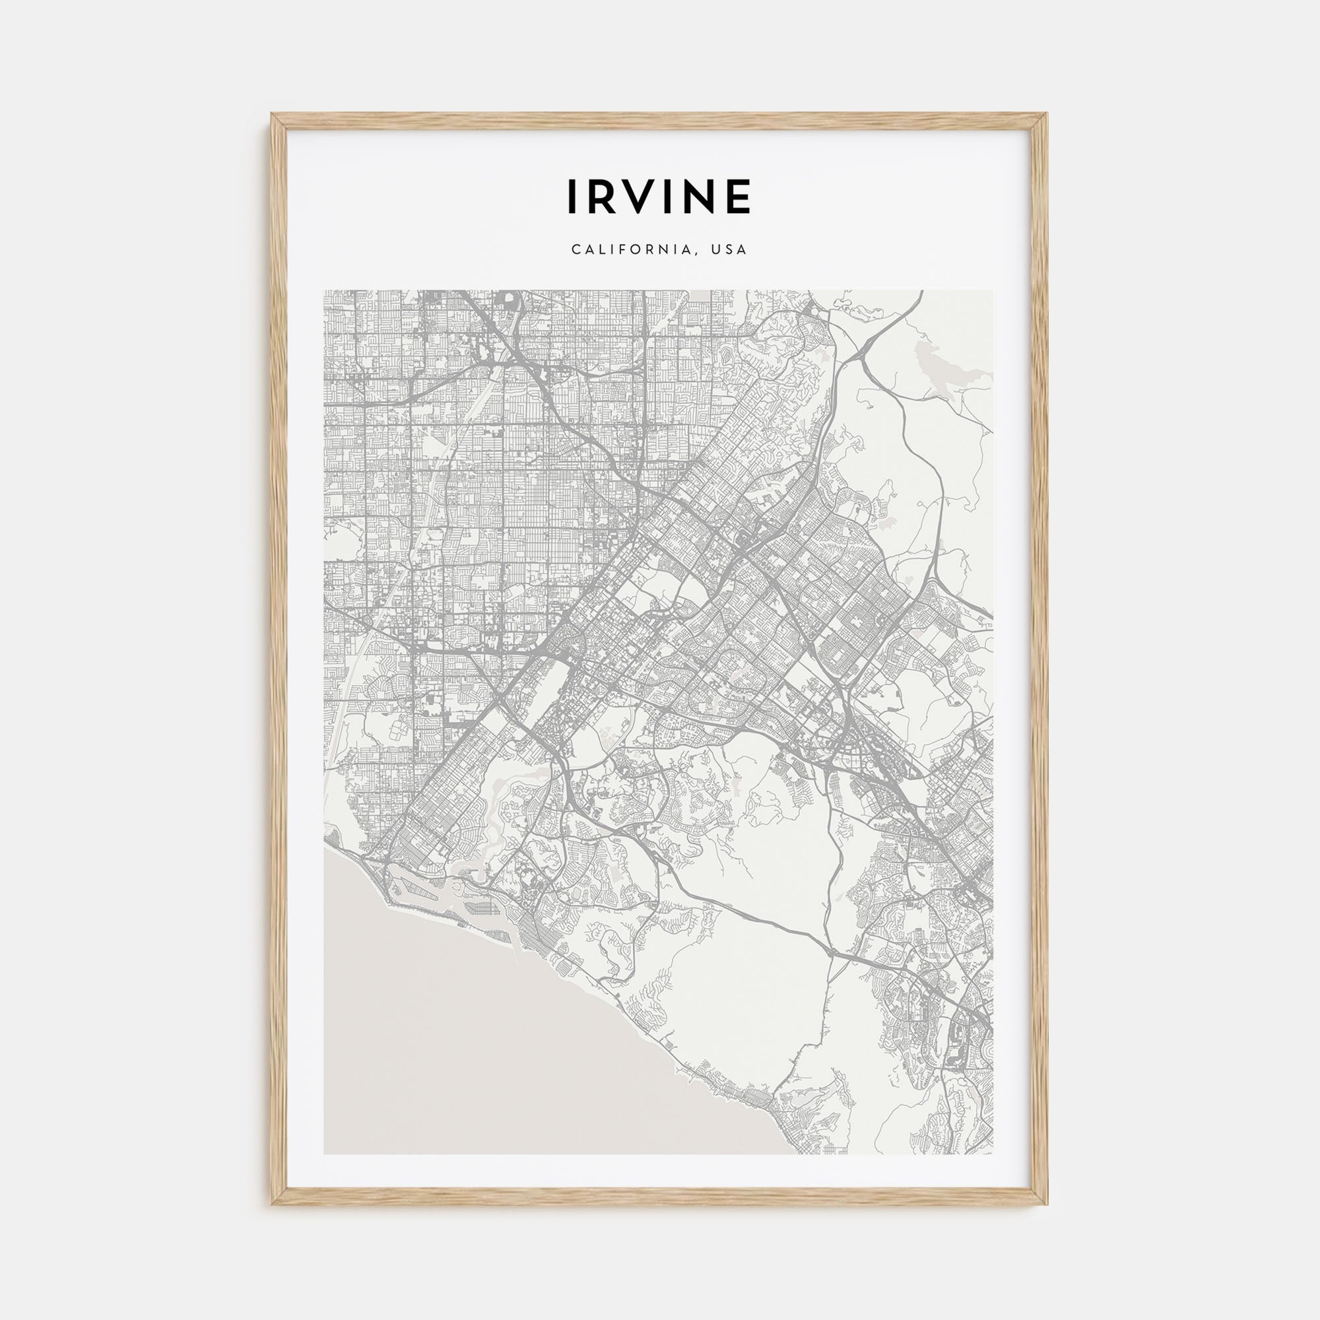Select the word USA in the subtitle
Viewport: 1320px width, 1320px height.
729,250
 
